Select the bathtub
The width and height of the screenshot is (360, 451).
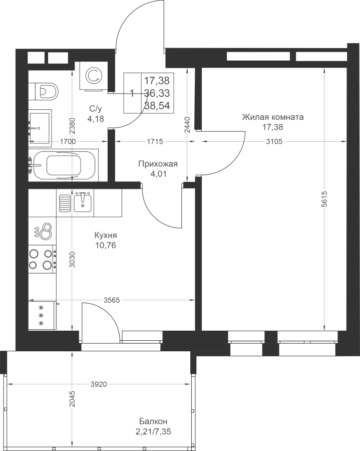64,165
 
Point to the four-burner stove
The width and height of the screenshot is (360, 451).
42,259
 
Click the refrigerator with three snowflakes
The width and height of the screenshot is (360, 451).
42,315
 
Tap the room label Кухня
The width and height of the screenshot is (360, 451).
106,236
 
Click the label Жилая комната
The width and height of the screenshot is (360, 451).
273,117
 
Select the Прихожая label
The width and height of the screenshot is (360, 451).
158,164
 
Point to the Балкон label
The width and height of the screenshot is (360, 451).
153,421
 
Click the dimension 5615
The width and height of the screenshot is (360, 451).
324,199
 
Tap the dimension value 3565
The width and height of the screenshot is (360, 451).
112,300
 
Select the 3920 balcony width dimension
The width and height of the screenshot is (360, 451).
99,384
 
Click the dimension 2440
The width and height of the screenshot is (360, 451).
187,125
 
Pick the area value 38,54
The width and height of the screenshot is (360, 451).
157,106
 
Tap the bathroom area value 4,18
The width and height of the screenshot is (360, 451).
96,118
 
